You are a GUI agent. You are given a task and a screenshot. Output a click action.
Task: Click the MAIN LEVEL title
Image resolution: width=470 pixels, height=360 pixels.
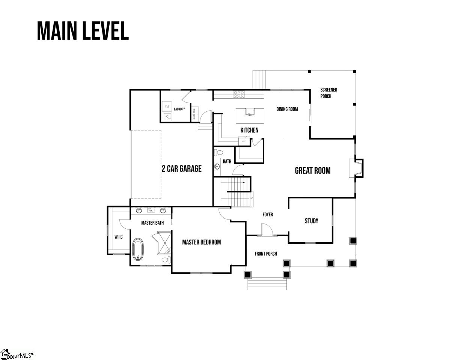pos(83,31)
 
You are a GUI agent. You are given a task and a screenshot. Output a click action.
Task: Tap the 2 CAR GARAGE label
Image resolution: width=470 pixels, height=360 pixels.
pos(182,169)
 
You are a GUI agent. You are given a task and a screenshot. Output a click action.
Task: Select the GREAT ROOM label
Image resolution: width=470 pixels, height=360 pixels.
pos(313,171)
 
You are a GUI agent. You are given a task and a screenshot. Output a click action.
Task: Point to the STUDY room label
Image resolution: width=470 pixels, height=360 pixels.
pos(311,221)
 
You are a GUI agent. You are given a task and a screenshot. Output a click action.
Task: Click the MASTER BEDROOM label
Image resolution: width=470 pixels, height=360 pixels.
pos(202,242)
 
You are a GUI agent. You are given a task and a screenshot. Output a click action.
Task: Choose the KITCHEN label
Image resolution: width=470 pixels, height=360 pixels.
pos(249,130)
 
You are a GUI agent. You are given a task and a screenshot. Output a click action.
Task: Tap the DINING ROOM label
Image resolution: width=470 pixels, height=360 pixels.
pos(287,109)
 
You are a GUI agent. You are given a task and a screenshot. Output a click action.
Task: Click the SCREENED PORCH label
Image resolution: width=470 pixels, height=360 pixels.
pos(328,93)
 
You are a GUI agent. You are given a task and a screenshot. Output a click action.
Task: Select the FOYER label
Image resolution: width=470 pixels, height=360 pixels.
pos(268,214)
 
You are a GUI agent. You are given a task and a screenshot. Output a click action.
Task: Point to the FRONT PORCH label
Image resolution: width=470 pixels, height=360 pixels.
pos(266,254)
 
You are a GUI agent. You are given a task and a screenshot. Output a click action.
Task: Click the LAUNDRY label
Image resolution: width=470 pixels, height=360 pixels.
pos(179,109)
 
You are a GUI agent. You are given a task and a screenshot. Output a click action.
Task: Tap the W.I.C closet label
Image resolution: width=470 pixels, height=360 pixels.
pos(119,237)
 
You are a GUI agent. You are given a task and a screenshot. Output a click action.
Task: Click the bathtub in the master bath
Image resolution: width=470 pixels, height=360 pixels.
pos(138,249)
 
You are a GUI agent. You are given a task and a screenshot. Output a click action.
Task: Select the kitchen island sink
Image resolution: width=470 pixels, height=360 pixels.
pos(250,112)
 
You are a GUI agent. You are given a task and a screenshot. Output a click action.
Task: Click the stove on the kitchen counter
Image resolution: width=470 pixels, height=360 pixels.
pos(239,94)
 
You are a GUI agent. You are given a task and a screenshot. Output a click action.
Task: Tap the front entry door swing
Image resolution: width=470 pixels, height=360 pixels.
pos(266,229)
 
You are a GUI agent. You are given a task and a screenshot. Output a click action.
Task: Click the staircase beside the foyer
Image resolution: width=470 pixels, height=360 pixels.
pos(239,192)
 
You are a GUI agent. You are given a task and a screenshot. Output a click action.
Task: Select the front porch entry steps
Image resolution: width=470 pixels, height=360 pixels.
pos(267,284)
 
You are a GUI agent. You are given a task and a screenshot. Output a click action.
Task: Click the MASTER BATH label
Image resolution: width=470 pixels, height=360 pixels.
pos(152,223)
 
